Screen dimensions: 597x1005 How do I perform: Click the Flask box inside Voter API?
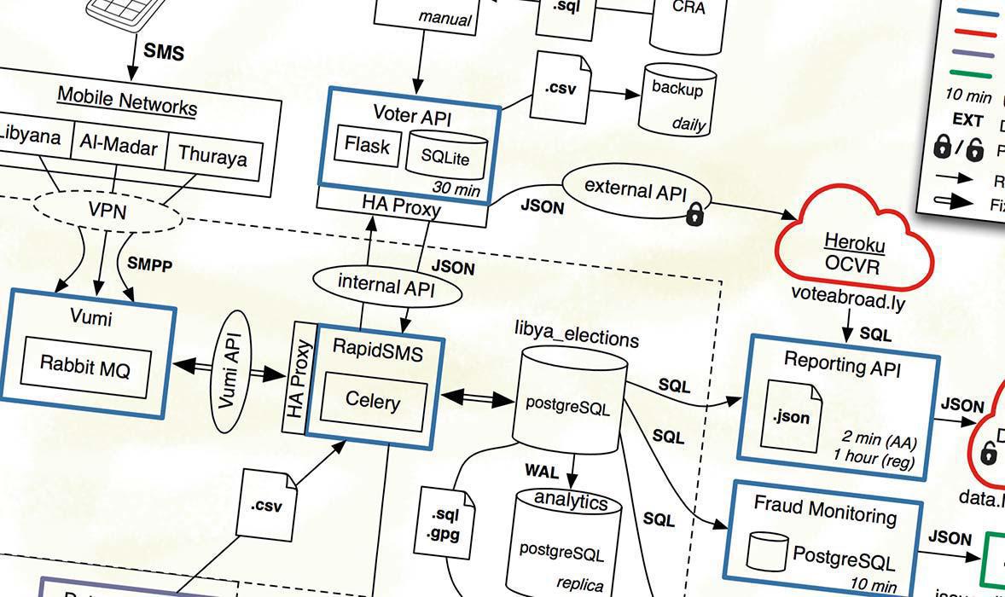367,147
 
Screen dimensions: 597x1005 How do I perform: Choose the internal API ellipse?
386,287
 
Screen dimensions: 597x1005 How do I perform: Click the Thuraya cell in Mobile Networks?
212,158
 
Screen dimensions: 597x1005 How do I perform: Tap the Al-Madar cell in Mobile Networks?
119,148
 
